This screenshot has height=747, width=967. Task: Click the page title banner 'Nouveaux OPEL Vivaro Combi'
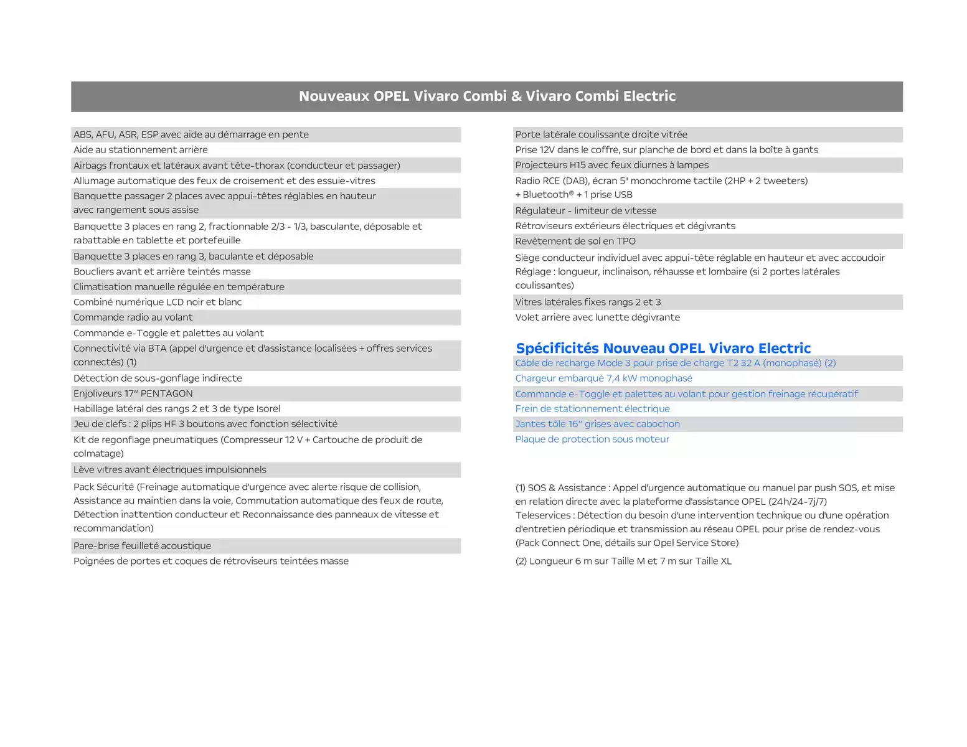coord(487,96)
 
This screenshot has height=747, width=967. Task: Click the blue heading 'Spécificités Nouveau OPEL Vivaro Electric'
coord(663,348)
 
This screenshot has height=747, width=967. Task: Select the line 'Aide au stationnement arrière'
coord(141,150)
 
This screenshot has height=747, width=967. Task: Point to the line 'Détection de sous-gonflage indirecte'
coord(158,378)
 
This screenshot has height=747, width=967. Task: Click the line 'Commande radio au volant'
coord(133,317)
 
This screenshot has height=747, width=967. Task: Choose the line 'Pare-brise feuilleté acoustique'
coord(143,546)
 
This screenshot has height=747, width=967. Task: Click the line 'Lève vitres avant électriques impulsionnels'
coord(170,470)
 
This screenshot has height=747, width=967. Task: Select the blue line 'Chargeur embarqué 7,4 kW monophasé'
coord(603,378)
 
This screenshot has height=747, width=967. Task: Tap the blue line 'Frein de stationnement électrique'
coord(592,409)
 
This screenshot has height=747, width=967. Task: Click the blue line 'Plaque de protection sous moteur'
coord(592,439)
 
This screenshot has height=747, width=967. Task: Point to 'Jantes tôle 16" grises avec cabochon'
coord(597,425)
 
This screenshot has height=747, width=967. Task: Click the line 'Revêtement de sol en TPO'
coord(575,242)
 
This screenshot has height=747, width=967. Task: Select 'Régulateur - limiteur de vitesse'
coord(586,211)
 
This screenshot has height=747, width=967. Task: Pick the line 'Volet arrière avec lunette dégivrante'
coord(597,317)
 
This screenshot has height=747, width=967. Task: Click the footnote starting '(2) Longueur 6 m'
coord(623,561)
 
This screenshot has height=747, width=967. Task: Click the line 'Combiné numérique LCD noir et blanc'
coord(158,303)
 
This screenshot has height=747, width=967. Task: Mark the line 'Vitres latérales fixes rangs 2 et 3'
coord(588,303)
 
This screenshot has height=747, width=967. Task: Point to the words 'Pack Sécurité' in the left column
coord(103,487)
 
